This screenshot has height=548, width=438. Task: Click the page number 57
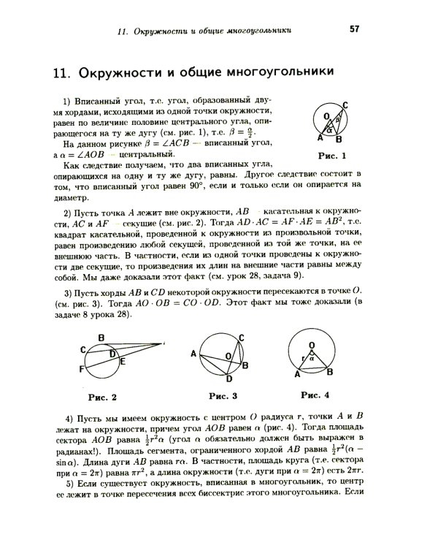pyautogui.click(x=355, y=29)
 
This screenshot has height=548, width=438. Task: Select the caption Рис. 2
pyautogui.click(x=103, y=397)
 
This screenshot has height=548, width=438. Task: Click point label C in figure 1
pyautogui.click(x=344, y=105)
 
